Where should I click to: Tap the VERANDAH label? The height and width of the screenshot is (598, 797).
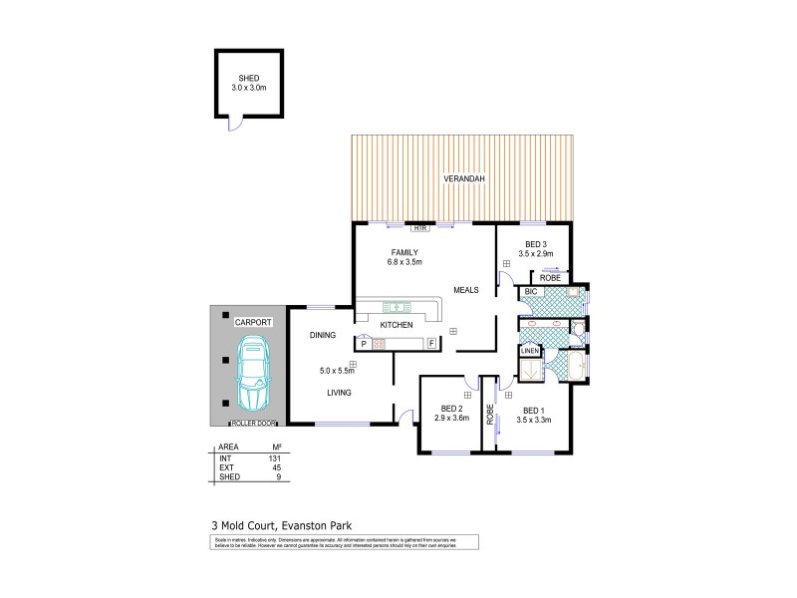[x=464, y=179]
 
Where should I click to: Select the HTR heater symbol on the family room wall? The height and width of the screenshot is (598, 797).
[x=433, y=228]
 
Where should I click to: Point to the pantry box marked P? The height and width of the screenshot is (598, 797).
[x=364, y=344]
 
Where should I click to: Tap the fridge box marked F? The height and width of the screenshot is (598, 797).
[x=430, y=344]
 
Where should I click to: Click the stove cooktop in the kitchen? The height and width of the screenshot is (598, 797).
[x=380, y=344]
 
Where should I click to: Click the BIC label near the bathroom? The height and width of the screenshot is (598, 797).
[x=530, y=292]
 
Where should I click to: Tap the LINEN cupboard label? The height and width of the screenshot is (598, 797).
[x=530, y=351]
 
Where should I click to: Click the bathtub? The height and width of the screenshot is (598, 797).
[x=577, y=367]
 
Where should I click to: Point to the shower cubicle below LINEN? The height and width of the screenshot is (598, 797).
[x=531, y=369]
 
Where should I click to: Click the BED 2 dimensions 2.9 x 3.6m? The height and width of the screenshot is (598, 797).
[x=452, y=418]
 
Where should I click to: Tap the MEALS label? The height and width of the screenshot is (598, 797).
[x=466, y=290]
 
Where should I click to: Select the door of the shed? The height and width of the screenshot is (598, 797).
[x=234, y=124]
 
